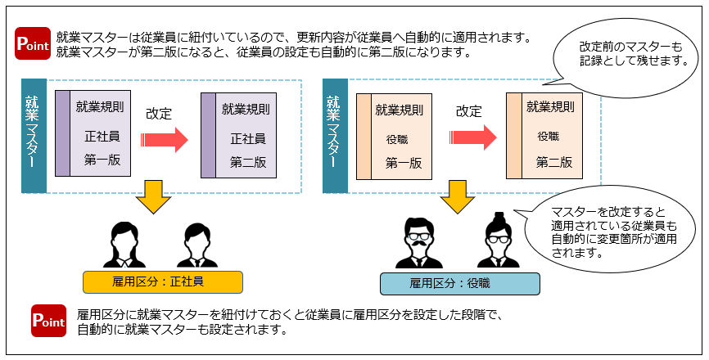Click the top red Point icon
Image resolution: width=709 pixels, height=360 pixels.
(34, 44)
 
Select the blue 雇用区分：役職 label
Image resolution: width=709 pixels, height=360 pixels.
(460, 283)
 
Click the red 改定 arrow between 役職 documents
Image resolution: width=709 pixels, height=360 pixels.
(474, 137)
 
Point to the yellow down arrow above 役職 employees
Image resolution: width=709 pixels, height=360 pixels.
(458, 197)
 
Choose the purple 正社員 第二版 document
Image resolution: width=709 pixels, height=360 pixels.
(239, 136)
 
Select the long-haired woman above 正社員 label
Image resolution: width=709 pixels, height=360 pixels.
(124, 245)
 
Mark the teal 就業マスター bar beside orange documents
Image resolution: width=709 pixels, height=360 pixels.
(332, 135)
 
